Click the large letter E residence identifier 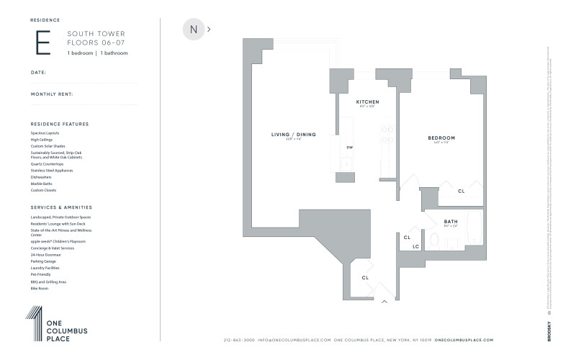[x=43, y=42]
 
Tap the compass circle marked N [x=193, y=30]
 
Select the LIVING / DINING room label [x=293, y=135]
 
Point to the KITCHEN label [x=367, y=102]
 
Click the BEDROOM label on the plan [x=441, y=138]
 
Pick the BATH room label [x=451, y=221]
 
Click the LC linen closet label [x=416, y=247]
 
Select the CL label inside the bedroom [x=462, y=191]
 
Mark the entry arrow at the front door [x=385, y=301]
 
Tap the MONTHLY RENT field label [x=52, y=94]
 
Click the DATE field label [x=38, y=73]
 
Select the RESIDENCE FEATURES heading [x=60, y=124]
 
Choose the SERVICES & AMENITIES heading [x=60, y=207]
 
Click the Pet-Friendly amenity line [x=40, y=275]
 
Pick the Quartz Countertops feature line [x=47, y=164]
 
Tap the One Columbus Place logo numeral [x=34, y=323]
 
